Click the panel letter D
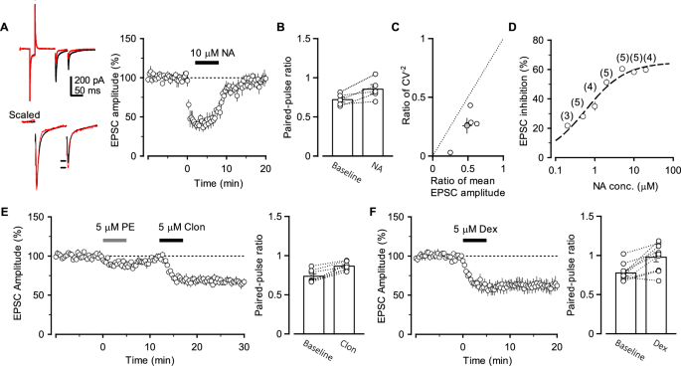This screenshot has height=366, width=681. click(513, 27)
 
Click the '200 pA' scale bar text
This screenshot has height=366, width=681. click(88, 78)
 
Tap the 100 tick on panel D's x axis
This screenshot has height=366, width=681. click(665, 172)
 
